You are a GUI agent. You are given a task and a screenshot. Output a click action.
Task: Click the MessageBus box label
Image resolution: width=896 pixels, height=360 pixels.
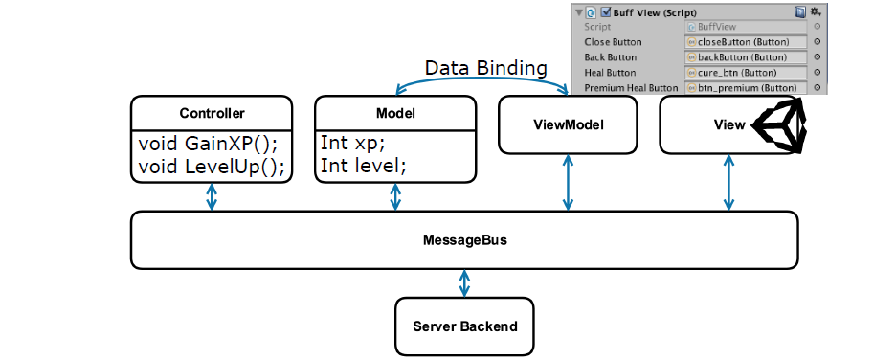(464, 240)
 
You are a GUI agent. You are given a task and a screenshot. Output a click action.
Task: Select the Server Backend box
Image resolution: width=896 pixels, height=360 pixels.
(464, 326)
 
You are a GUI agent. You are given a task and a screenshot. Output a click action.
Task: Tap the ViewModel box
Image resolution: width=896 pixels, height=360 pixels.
(568, 124)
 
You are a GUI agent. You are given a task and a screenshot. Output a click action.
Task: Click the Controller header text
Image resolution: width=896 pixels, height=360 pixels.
(212, 113)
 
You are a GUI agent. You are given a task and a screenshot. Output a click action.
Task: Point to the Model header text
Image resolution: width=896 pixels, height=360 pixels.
(395, 113)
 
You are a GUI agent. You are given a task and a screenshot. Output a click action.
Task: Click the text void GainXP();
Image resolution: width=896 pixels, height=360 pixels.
(208, 144)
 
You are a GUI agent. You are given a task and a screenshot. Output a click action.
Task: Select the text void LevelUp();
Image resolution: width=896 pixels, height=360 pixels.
(212, 167)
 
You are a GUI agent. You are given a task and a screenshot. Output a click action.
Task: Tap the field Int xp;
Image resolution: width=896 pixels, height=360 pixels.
(349, 144)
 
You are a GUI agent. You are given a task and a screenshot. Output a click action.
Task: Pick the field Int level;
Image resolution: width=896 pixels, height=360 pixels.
(364, 167)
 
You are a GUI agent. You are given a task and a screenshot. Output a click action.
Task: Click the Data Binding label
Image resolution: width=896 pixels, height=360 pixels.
(485, 68)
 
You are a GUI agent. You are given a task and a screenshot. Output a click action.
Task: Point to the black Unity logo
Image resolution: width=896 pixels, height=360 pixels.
(780, 124)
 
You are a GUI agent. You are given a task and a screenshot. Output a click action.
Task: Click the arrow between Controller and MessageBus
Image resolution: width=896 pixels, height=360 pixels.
(212, 197)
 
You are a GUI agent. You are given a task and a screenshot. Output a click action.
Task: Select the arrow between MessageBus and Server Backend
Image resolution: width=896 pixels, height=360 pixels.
(464, 282)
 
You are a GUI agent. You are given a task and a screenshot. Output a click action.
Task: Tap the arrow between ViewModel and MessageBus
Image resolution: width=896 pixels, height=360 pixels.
(568, 182)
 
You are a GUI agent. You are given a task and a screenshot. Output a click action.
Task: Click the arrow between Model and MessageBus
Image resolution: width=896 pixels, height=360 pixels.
(395, 197)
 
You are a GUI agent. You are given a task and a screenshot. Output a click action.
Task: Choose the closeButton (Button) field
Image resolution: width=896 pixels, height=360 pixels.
(746, 42)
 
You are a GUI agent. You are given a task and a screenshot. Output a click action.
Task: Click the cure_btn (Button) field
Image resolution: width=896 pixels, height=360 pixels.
(746, 73)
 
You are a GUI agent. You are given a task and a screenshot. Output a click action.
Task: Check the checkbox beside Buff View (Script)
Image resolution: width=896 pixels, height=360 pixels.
(606, 12)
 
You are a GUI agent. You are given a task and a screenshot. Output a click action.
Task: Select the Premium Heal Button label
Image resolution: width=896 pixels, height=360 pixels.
(631, 88)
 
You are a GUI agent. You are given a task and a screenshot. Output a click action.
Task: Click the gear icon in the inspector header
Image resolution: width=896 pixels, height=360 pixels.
(816, 11)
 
